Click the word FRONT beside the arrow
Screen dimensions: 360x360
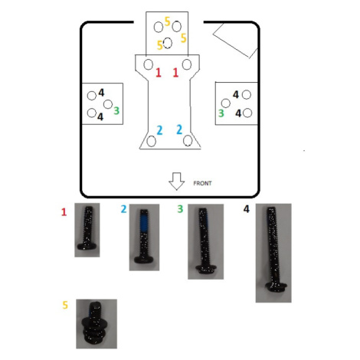tap(202, 183)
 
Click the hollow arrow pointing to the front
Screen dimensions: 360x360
tap(177, 182)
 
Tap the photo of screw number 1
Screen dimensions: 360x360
tap(87, 230)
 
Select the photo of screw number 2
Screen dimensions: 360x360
tap(144, 237)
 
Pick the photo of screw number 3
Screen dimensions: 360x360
tap(206, 241)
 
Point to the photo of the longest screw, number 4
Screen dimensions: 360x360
tap(273, 253)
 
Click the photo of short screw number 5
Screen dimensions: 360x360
tap(97, 324)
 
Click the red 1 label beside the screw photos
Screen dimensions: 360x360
tap(64, 212)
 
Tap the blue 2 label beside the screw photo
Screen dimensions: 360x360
tap(123, 209)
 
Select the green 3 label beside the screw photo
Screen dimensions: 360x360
tap(180, 209)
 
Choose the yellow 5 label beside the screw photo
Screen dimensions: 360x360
tap(65, 305)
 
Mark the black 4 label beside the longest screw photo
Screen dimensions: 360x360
tap(246, 209)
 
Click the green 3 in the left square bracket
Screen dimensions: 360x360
tap(116, 111)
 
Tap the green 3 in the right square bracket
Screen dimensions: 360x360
tap(221, 113)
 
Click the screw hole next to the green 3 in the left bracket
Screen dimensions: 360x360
tap(108, 104)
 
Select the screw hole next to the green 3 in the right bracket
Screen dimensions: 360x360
tap(226, 103)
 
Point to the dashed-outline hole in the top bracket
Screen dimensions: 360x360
tap(168, 43)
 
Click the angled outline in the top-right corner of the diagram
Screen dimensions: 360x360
tap(235, 41)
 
